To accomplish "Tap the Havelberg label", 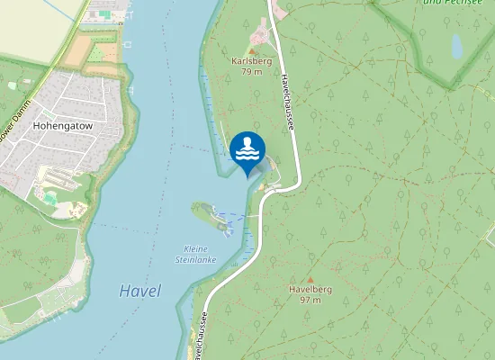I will click(310, 289).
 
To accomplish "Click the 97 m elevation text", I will click(310, 300).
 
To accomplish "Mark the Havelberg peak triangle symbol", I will click(310, 280).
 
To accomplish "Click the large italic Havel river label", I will click(139, 292).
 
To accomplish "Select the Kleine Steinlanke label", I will click(190, 254).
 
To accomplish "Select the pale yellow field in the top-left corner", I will click(27, 27).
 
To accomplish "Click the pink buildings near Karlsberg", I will click(262, 36).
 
